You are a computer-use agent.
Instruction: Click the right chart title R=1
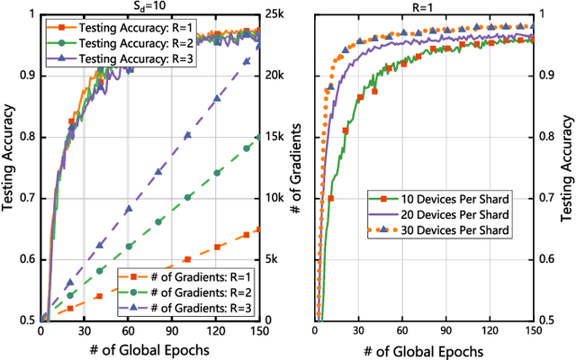[x=423, y=6]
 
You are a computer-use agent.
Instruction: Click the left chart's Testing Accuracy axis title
[x=9, y=166]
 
